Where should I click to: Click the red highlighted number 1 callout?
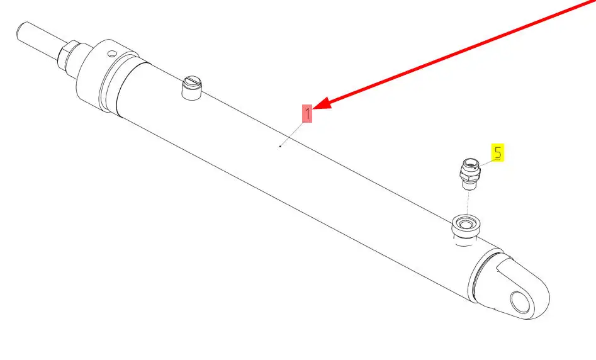pyautogui.click(x=307, y=114)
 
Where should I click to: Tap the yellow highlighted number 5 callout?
pyautogui.click(x=498, y=153)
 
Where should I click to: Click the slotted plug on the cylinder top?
pyautogui.click(x=192, y=88)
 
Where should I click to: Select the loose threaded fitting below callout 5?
pyautogui.click(x=470, y=174)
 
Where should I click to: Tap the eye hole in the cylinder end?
pyautogui.click(x=520, y=302)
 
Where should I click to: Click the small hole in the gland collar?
pyautogui.click(x=111, y=53)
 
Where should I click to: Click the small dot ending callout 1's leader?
pyautogui.click(x=280, y=147)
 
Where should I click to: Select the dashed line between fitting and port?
pyautogui.click(x=468, y=203)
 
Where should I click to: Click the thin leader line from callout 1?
pyautogui.click(x=292, y=134)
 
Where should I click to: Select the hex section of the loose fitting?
pyautogui.click(x=469, y=173)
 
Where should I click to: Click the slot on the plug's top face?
pyautogui.click(x=193, y=81)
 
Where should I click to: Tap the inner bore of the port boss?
pyautogui.click(x=465, y=223)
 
